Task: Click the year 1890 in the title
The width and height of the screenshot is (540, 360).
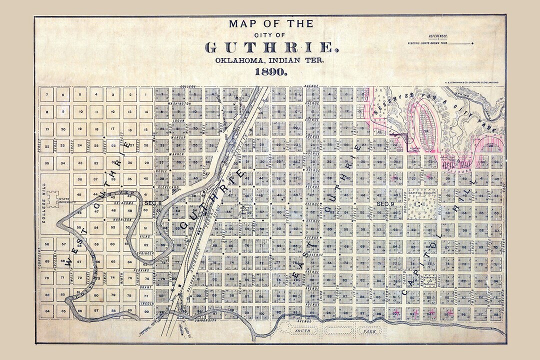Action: [270, 71]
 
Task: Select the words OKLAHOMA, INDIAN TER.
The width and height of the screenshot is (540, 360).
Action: [270, 60]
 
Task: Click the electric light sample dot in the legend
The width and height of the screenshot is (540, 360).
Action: [471, 44]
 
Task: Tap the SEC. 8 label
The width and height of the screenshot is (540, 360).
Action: [153, 203]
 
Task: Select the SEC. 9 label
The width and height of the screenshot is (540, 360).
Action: [385, 204]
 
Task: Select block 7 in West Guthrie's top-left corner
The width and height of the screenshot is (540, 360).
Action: [46, 94]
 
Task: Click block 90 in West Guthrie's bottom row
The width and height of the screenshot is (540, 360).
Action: [146, 311]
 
